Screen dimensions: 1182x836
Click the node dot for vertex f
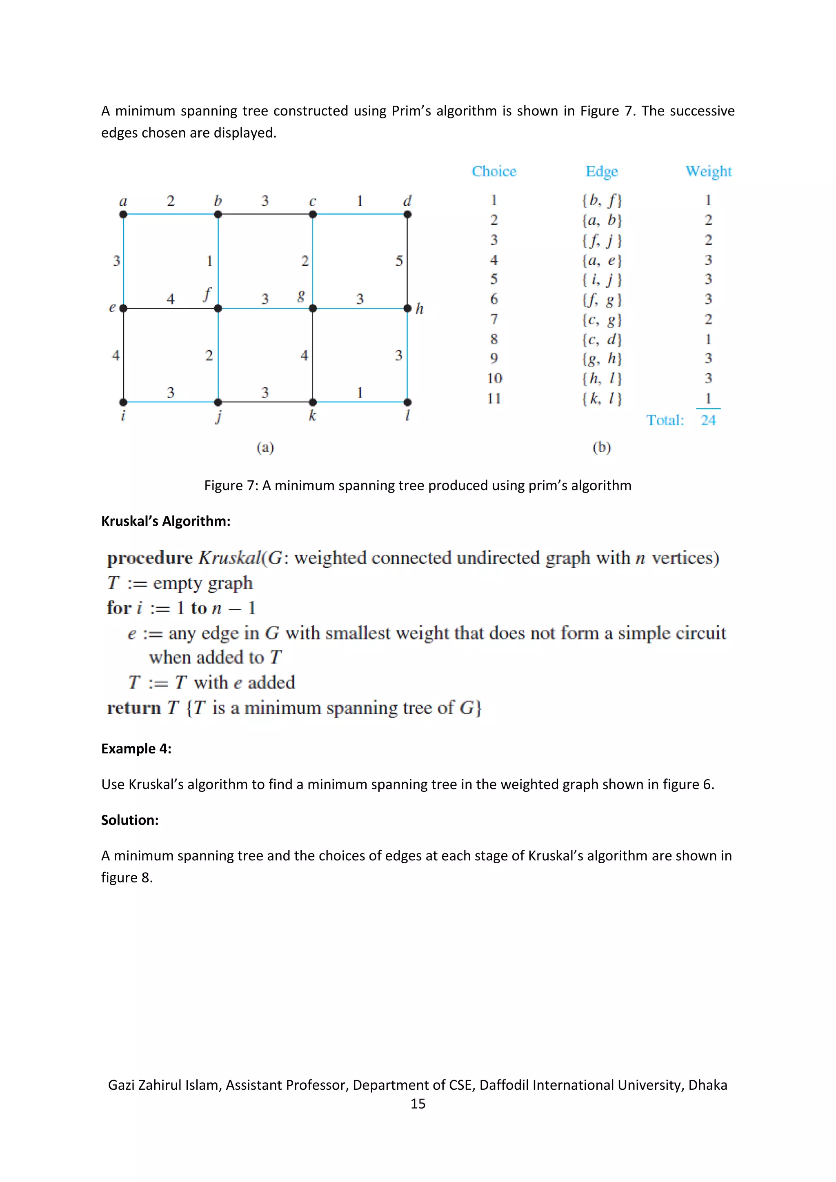(x=218, y=309)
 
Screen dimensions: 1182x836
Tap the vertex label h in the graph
(x=420, y=309)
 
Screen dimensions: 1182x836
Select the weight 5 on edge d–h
(x=399, y=261)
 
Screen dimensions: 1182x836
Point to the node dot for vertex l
(x=407, y=402)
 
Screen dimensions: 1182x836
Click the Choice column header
(x=494, y=171)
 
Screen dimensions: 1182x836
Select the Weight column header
(x=708, y=171)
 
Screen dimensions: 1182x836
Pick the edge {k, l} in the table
(x=602, y=398)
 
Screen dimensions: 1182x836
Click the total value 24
(x=708, y=421)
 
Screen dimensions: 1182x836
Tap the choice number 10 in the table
(x=494, y=378)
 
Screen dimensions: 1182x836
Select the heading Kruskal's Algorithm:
(x=166, y=521)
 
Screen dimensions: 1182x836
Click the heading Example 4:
(x=136, y=749)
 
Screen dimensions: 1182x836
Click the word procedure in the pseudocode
(x=150, y=558)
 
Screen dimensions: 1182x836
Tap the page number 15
(x=418, y=1103)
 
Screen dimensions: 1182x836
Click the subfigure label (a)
(x=265, y=447)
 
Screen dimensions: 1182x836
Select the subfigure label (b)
(x=601, y=447)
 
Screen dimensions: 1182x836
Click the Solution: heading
(x=130, y=820)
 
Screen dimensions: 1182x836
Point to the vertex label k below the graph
(x=312, y=416)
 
